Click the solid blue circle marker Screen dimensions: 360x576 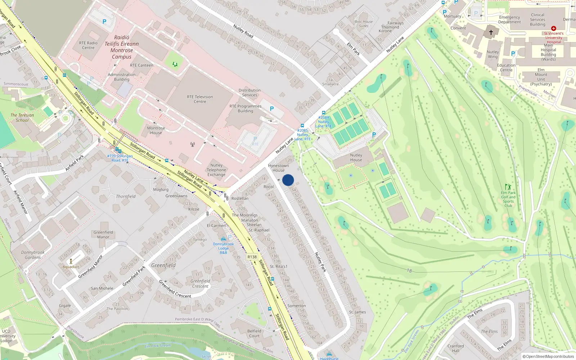288,180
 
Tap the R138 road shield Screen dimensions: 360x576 252,257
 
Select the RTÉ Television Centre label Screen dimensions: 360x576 200,99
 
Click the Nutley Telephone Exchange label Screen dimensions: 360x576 216,170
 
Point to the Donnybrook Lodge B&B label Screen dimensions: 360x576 223,248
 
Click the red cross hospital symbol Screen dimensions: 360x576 554,28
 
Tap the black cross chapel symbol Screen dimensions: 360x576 491,32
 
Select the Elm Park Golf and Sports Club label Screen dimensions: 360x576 508,199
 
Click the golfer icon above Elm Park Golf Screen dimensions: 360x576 508,187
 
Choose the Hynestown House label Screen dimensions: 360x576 278,168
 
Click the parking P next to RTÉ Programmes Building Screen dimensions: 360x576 272,108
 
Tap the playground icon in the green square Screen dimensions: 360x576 175,64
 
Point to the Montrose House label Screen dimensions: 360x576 156,130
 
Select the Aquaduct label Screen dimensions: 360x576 71,267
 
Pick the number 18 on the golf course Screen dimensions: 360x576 409,270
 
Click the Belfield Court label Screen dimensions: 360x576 254,333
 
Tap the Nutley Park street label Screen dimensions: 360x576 320,262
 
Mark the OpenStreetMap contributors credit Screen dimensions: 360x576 548,356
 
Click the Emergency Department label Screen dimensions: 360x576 509,19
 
